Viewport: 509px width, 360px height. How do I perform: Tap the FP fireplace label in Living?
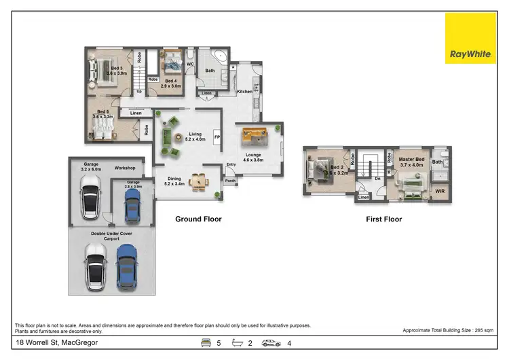pyautogui.click(x=217, y=137)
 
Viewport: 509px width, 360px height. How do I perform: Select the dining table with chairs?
pyautogui.click(x=199, y=181)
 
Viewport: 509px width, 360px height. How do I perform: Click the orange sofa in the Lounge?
pyautogui.click(x=253, y=137)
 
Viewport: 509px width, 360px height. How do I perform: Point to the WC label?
pyautogui.click(x=191, y=65)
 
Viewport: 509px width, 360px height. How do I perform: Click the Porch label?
pyautogui.click(x=230, y=181)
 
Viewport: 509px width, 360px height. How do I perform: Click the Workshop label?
pyautogui.click(x=125, y=168)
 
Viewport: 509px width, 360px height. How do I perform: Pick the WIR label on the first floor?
pyautogui.click(x=439, y=192)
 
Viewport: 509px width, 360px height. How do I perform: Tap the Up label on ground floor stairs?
pyautogui.click(x=139, y=90)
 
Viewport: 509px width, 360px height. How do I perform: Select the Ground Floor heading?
pyautogui.click(x=198, y=219)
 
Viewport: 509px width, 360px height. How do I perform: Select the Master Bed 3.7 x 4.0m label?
pyautogui.click(x=412, y=162)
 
